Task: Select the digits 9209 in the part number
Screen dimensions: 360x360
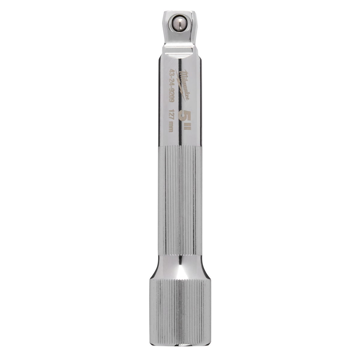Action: click(x=171, y=99)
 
